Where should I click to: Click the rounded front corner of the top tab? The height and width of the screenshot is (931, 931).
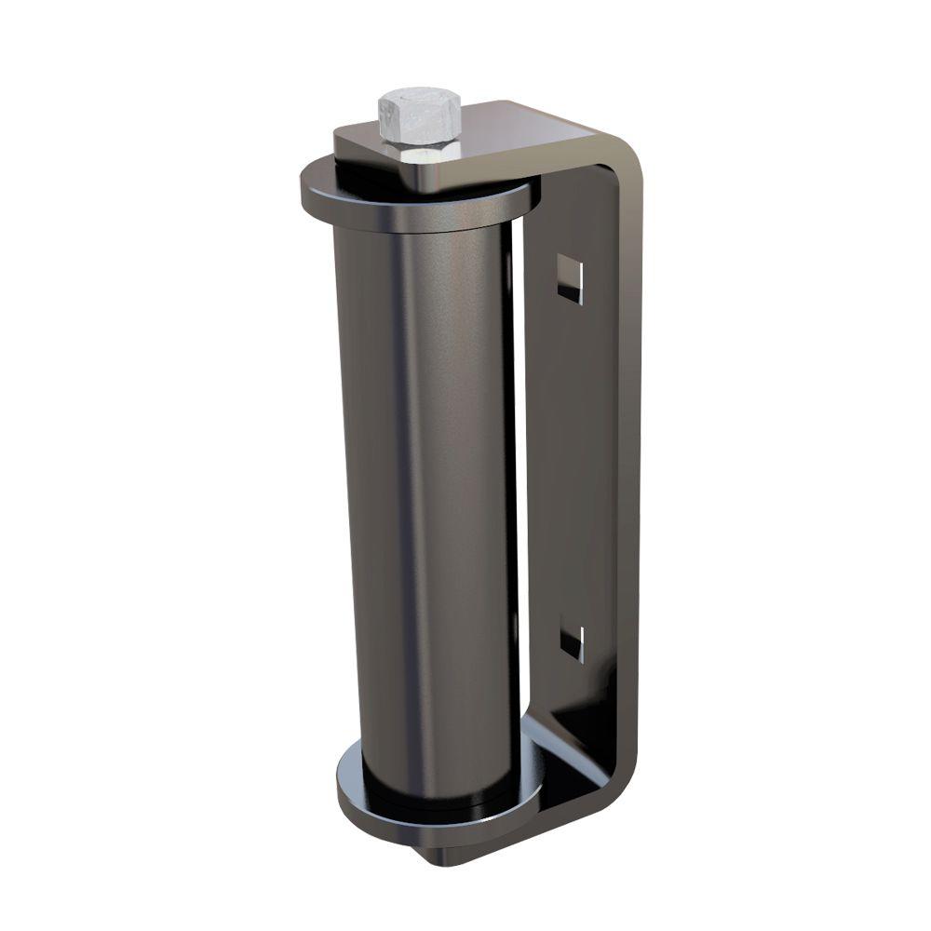pyautogui.click(x=344, y=140)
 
